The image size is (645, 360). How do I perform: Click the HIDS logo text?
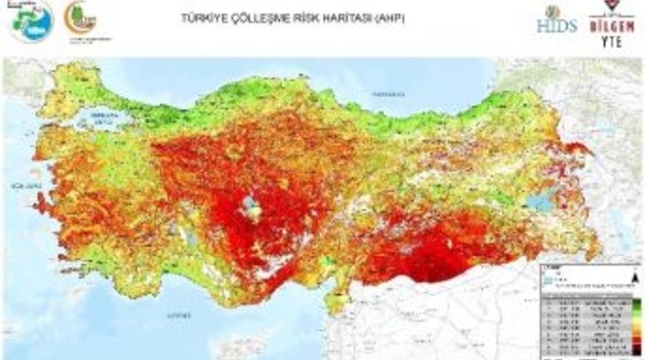coord(556,25)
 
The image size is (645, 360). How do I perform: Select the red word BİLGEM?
coord(612,27)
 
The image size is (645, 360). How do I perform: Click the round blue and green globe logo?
coord(32,20)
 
